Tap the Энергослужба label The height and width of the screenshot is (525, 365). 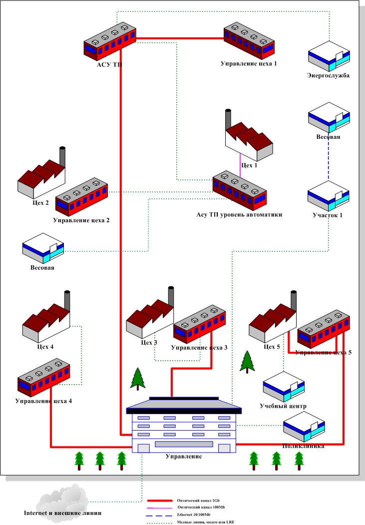(x=328, y=76)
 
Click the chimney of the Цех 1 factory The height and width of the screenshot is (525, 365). (x=229, y=120)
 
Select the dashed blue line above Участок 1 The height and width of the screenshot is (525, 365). (x=328, y=160)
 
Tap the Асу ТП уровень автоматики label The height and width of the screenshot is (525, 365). (x=239, y=215)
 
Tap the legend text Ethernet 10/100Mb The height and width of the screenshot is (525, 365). (x=194, y=515)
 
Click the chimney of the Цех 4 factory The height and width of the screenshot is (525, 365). (x=67, y=302)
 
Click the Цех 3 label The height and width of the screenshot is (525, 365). (x=149, y=343)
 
